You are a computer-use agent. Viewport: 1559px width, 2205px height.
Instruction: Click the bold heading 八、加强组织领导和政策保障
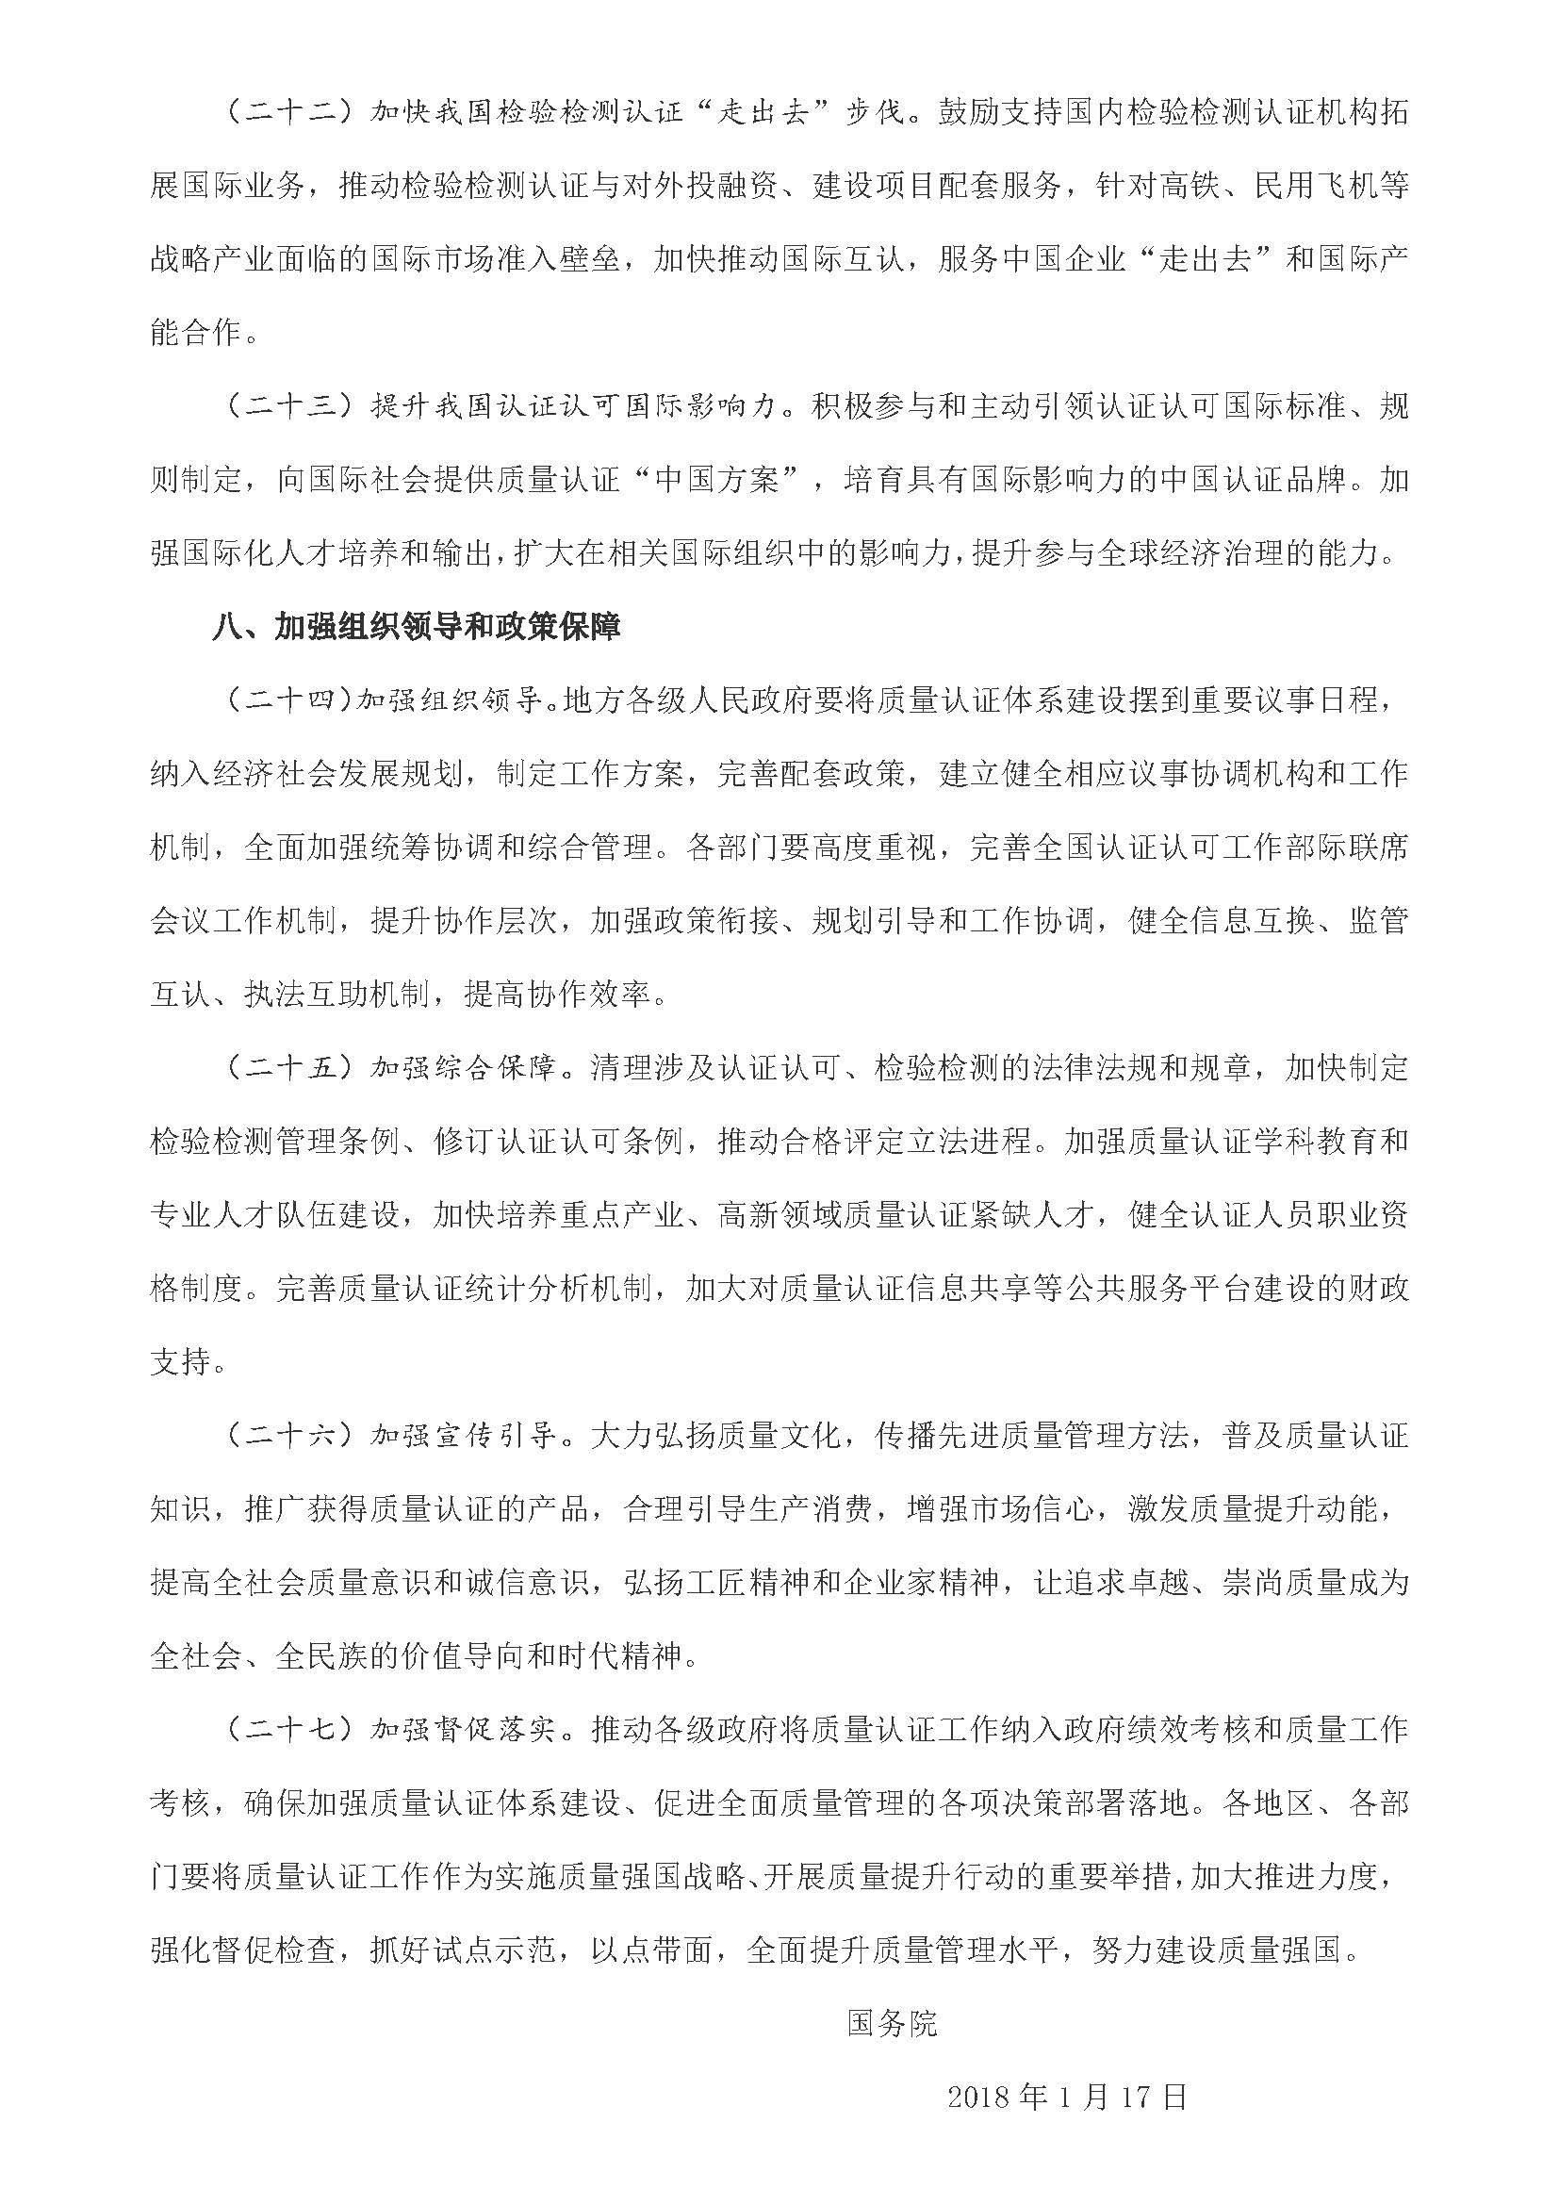(x=417, y=627)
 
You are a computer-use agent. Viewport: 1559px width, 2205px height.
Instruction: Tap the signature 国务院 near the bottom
(x=892, y=2023)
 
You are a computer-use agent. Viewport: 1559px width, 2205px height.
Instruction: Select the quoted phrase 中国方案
(x=715, y=480)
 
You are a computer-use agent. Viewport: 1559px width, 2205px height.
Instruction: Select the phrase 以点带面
(x=653, y=1950)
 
